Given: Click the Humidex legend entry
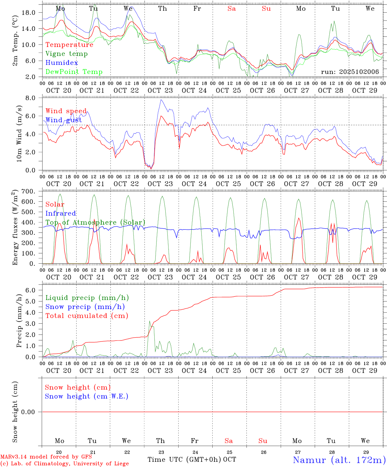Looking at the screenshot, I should coord(62,63).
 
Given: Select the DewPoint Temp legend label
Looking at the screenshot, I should coord(74,72).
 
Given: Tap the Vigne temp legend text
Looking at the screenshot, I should coord(66,54).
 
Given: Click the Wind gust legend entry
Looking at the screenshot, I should coord(64,120).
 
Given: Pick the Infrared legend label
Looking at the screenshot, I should coord(61,213).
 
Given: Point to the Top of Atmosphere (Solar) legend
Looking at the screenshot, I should coord(95,222).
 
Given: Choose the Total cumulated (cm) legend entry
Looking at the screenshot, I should coord(87,316).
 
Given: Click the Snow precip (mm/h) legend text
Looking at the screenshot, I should coord(85,307).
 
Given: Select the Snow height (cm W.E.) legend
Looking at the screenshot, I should coord(87,396).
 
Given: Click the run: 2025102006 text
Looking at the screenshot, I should coord(350,72).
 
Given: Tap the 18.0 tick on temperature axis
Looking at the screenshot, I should coord(28,12).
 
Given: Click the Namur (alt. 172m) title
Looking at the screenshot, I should coord(339,460).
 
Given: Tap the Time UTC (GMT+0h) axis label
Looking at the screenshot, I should coord(184,460).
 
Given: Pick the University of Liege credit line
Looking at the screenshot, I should coord(64,463).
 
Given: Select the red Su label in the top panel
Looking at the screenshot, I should coord(266,9).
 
